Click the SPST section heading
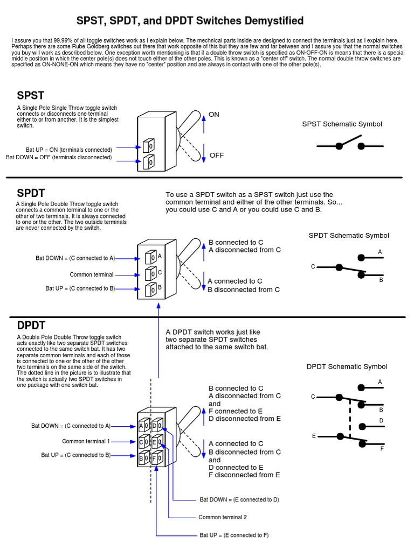pyautogui.click(x=30, y=96)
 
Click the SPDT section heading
pyautogui.click(x=31, y=193)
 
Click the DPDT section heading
pyautogui.click(x=31, y=326)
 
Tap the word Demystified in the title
pyautogui.click(x=274, y=22)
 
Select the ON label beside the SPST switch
pyautogui.click(x=214, y=115)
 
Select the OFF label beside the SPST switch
pyautogui.click(x=217, y=156)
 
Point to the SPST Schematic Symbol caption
pyautogui.click(x=342, y=124)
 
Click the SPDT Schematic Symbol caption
pyautogui.click(x=348, y=236)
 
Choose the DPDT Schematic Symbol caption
pyautogui.click(x=347, y=367)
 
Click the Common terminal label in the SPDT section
pyautogui.click(x=92, y=275)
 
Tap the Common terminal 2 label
pyautogui.click(x=223, y=518)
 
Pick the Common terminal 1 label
pyautogui.click(x=86, y=442)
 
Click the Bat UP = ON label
pyautogui.click(x=69, y=150)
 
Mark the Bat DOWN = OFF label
pyautogui.click(x=59, y=158)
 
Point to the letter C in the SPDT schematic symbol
pyautogui.click(x=313, y=267)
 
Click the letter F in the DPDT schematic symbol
pyautogui.click(x=382, y=448)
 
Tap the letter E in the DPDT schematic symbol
pyautogui.click(x=313, y=436)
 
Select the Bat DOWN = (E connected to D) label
pyautogui.click(x=239, y=500)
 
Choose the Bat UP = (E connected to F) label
pyautogui.click(x=234, y=535)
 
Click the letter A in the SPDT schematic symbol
pyautogui.click(x=380, y=252)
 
